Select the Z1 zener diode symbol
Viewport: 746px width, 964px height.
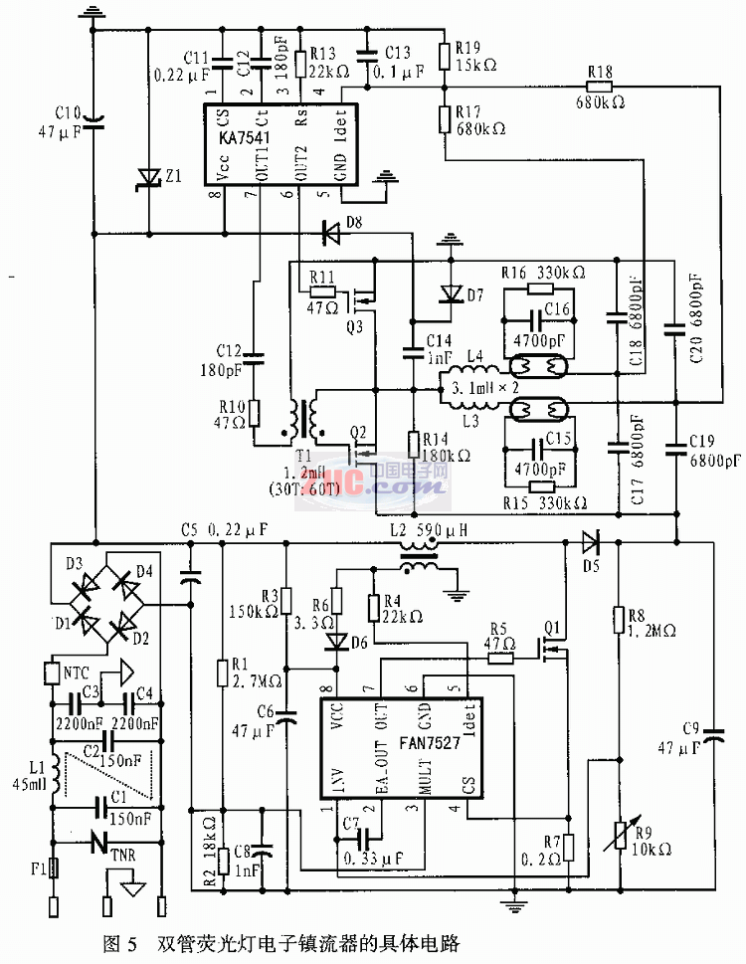pos(149,178)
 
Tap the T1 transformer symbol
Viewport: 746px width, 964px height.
pos(307,422)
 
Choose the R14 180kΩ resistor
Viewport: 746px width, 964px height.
pos(412,445)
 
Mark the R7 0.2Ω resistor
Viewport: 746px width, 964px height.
pos(567,847)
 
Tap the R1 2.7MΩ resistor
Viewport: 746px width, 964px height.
pos(222,675)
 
